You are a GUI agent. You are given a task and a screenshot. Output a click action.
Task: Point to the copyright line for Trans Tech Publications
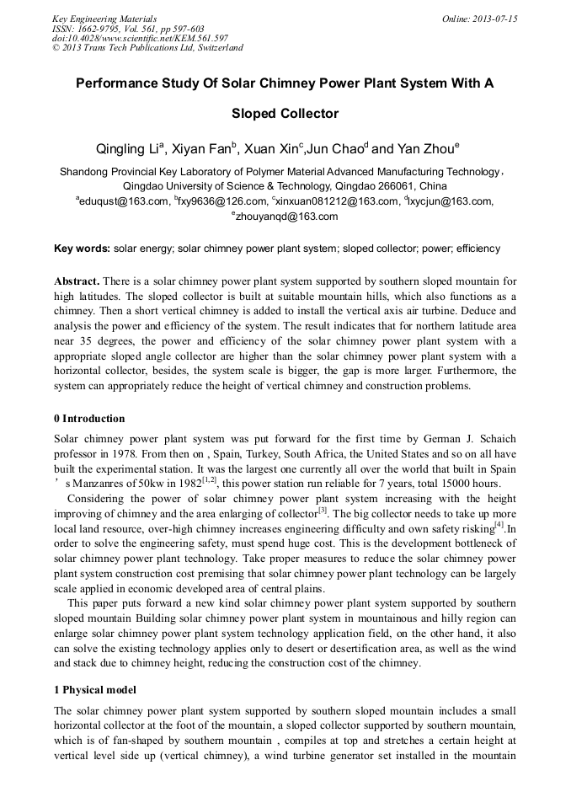click(x=147, y=48)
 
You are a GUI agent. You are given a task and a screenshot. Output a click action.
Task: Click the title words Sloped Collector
click(x=285, y=113)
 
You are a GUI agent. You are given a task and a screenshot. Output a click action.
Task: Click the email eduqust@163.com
click(x=121, y=201)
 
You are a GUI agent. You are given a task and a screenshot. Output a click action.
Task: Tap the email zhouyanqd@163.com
click(x=285, y=217)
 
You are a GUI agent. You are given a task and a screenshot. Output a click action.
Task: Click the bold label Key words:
click(x=82, y=249)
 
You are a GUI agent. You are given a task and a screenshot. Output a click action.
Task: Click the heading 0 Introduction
click(x=89, y=419)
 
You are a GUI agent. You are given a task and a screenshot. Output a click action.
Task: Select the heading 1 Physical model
click(x=94, y=690)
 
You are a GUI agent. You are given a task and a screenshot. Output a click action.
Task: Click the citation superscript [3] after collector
click(x=322, y=510)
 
